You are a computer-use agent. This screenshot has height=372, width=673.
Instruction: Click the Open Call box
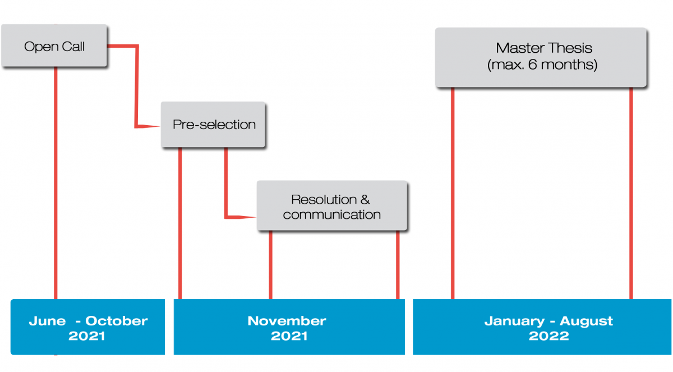[x=54, y=45]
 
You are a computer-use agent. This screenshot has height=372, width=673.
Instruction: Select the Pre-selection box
[x=213, y=125]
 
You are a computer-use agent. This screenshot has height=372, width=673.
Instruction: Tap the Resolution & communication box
[x=332, y=206]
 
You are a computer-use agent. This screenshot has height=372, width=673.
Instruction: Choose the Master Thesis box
[x=541, y=57]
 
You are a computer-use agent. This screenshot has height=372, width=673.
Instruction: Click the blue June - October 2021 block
[x=87, y=327]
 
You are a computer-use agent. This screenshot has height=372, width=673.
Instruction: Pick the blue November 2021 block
[x=289, y=327]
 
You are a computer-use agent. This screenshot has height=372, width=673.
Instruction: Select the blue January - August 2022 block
[x=542, y=327]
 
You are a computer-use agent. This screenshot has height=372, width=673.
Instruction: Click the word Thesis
[x=570, y=48]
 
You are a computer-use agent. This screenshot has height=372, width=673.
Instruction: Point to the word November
[x=287, y=321]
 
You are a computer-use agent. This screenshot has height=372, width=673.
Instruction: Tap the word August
[x=586, y=322]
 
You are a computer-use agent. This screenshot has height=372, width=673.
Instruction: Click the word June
[x=47, y=321]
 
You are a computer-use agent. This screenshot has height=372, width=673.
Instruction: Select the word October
[x=117, y=321]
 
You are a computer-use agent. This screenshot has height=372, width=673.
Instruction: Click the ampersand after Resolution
[x=365, y=200]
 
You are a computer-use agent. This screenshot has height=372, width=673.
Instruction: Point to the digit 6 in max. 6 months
[x=532, y=65]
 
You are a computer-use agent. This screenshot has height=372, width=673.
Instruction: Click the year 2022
[x=548, y=336]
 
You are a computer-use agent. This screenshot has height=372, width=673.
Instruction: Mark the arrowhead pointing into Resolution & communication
[x=245, y=217]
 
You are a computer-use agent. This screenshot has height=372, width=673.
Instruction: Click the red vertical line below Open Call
[x=56, y=183]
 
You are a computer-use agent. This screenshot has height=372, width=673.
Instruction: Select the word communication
[x=331, y=215]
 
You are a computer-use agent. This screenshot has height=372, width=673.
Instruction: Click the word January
[x=514, y=322]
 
